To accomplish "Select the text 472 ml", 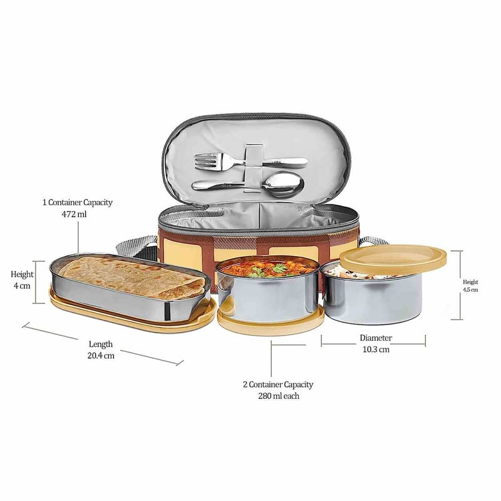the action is click(74, 214).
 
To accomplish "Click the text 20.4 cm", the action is click(101, 356).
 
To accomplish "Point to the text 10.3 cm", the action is click(376, 349).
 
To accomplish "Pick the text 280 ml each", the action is click(279, 396).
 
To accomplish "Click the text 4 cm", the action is click(22, 286).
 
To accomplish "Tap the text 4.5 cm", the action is click(471, 290).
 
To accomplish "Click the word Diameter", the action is click(376, 338).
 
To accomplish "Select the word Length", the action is click(101, 344).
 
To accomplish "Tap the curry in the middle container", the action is click(267, 267).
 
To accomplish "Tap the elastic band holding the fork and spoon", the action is click(254, 168).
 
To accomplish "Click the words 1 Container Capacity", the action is click(78, 202).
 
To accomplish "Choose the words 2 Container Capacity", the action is click(278, 385).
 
